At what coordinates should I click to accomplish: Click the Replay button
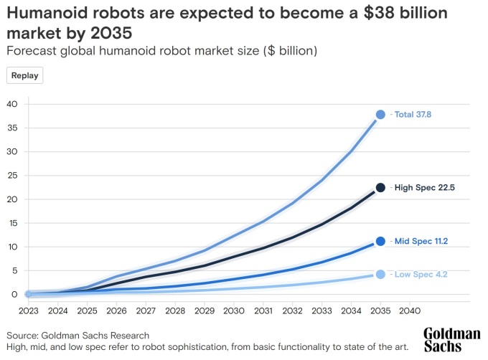point(25,75)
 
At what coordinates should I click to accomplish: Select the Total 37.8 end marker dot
point(380,115)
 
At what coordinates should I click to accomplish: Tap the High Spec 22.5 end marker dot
point(380,188)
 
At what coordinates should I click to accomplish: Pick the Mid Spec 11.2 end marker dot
point(380,242)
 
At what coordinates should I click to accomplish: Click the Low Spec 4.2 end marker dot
point(380,274)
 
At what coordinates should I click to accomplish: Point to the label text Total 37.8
point(414,115)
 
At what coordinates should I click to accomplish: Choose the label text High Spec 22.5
point(424,188)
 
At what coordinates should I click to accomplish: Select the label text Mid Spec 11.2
point(422,242)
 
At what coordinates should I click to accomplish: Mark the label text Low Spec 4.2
point(421,274)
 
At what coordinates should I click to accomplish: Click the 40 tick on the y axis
point(12,104)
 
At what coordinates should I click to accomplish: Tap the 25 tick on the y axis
point(12,175)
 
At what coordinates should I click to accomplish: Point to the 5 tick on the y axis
point(14,270)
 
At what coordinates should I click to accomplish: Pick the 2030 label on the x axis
point(233,311)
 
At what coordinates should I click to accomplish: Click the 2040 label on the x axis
point(409,311)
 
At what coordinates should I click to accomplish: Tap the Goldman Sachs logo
point(451,340)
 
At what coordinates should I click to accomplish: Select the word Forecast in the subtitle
point(31,51)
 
